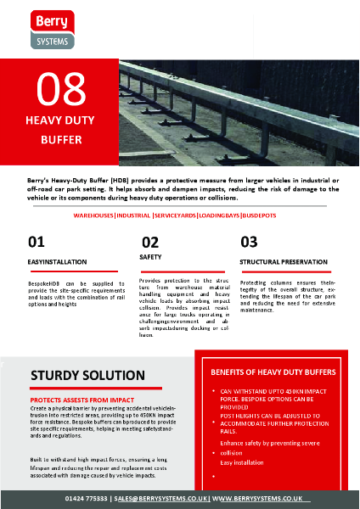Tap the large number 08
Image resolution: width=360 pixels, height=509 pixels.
click(62, 88)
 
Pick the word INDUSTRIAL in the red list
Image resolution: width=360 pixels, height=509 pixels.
click(134, 216)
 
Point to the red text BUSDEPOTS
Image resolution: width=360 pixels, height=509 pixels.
click(266, 216)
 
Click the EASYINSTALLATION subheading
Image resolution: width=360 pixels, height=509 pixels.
click(56, 262)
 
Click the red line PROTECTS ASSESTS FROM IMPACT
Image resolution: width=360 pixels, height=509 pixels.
click(82, 397)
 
